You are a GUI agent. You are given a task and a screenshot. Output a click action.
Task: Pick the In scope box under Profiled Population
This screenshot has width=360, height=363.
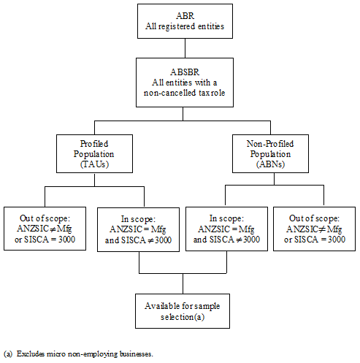tap(139, 229)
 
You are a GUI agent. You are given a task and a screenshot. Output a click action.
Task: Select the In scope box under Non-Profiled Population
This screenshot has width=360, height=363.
tap(227, 229)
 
